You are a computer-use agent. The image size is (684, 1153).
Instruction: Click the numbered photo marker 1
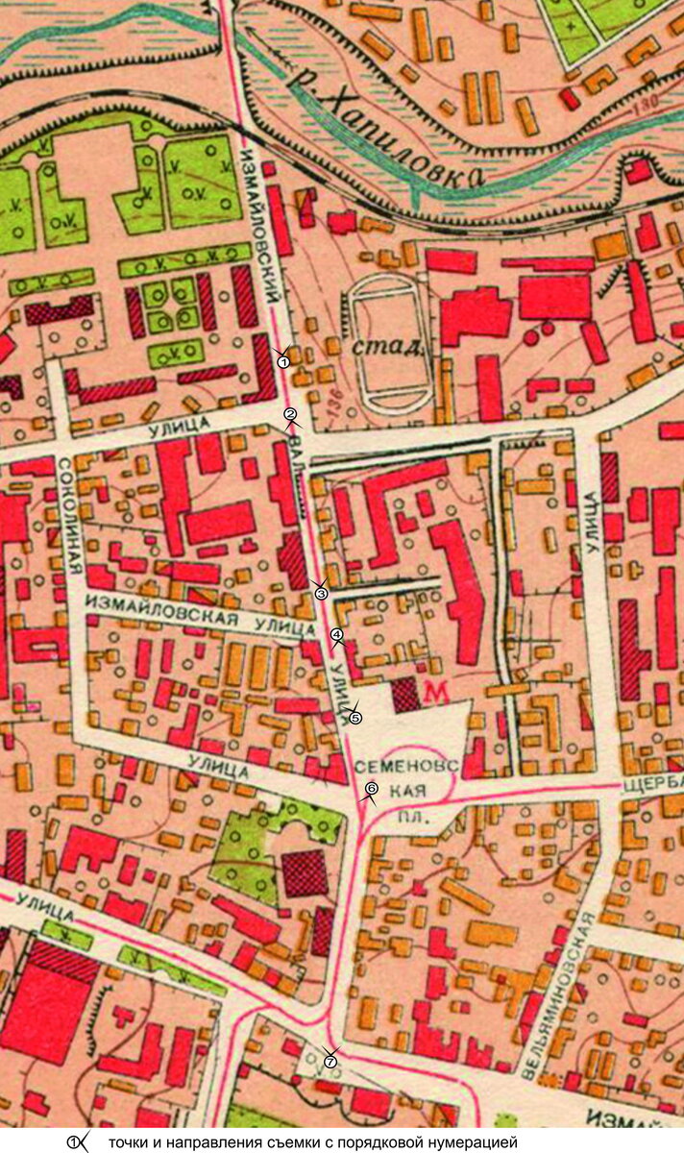(283, 361)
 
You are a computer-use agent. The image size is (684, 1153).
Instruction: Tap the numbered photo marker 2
(289, 415)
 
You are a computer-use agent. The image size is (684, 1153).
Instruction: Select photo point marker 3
(322, 593)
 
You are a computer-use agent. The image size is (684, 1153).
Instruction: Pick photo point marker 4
(336, 635)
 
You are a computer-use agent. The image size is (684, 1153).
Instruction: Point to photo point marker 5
(354, 717)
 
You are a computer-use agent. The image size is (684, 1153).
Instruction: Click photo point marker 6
(371, 789)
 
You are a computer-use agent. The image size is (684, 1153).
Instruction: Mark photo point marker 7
(330, 1062)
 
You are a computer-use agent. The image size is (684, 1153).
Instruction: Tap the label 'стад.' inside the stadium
(388, 345)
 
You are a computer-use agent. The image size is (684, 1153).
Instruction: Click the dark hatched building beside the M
(405, 695)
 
